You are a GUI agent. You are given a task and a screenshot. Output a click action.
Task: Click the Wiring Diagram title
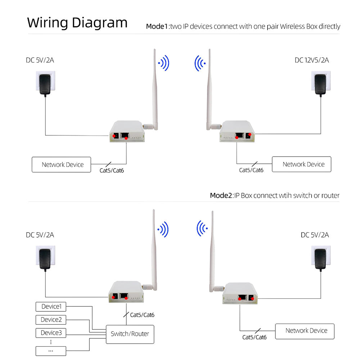(77, 22)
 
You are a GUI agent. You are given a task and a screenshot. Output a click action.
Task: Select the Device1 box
(51, 307)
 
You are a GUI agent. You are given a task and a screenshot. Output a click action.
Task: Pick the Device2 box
(51, 320)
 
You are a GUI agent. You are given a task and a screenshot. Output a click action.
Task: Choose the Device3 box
(51, 333)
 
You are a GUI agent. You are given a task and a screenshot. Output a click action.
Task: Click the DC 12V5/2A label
(311, 60)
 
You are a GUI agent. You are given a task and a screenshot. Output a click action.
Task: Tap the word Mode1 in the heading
(157, 26)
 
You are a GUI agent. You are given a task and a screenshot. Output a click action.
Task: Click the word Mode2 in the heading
(221, 195)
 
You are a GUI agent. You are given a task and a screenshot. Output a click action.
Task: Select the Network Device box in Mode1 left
(62, 165)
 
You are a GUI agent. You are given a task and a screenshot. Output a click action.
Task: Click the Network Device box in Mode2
(305, 330)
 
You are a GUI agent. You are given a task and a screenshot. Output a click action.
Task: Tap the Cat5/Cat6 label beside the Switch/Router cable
(142, 315)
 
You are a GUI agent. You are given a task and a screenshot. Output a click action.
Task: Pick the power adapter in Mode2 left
(46, 258)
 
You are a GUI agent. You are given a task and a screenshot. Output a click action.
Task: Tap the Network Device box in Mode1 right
(301, 164)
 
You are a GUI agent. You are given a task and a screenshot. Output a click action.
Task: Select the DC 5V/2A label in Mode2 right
(315, 235)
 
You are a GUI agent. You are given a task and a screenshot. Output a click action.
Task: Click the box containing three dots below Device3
(51, 350)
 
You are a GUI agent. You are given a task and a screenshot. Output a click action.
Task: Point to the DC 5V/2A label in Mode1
(40, 60)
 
